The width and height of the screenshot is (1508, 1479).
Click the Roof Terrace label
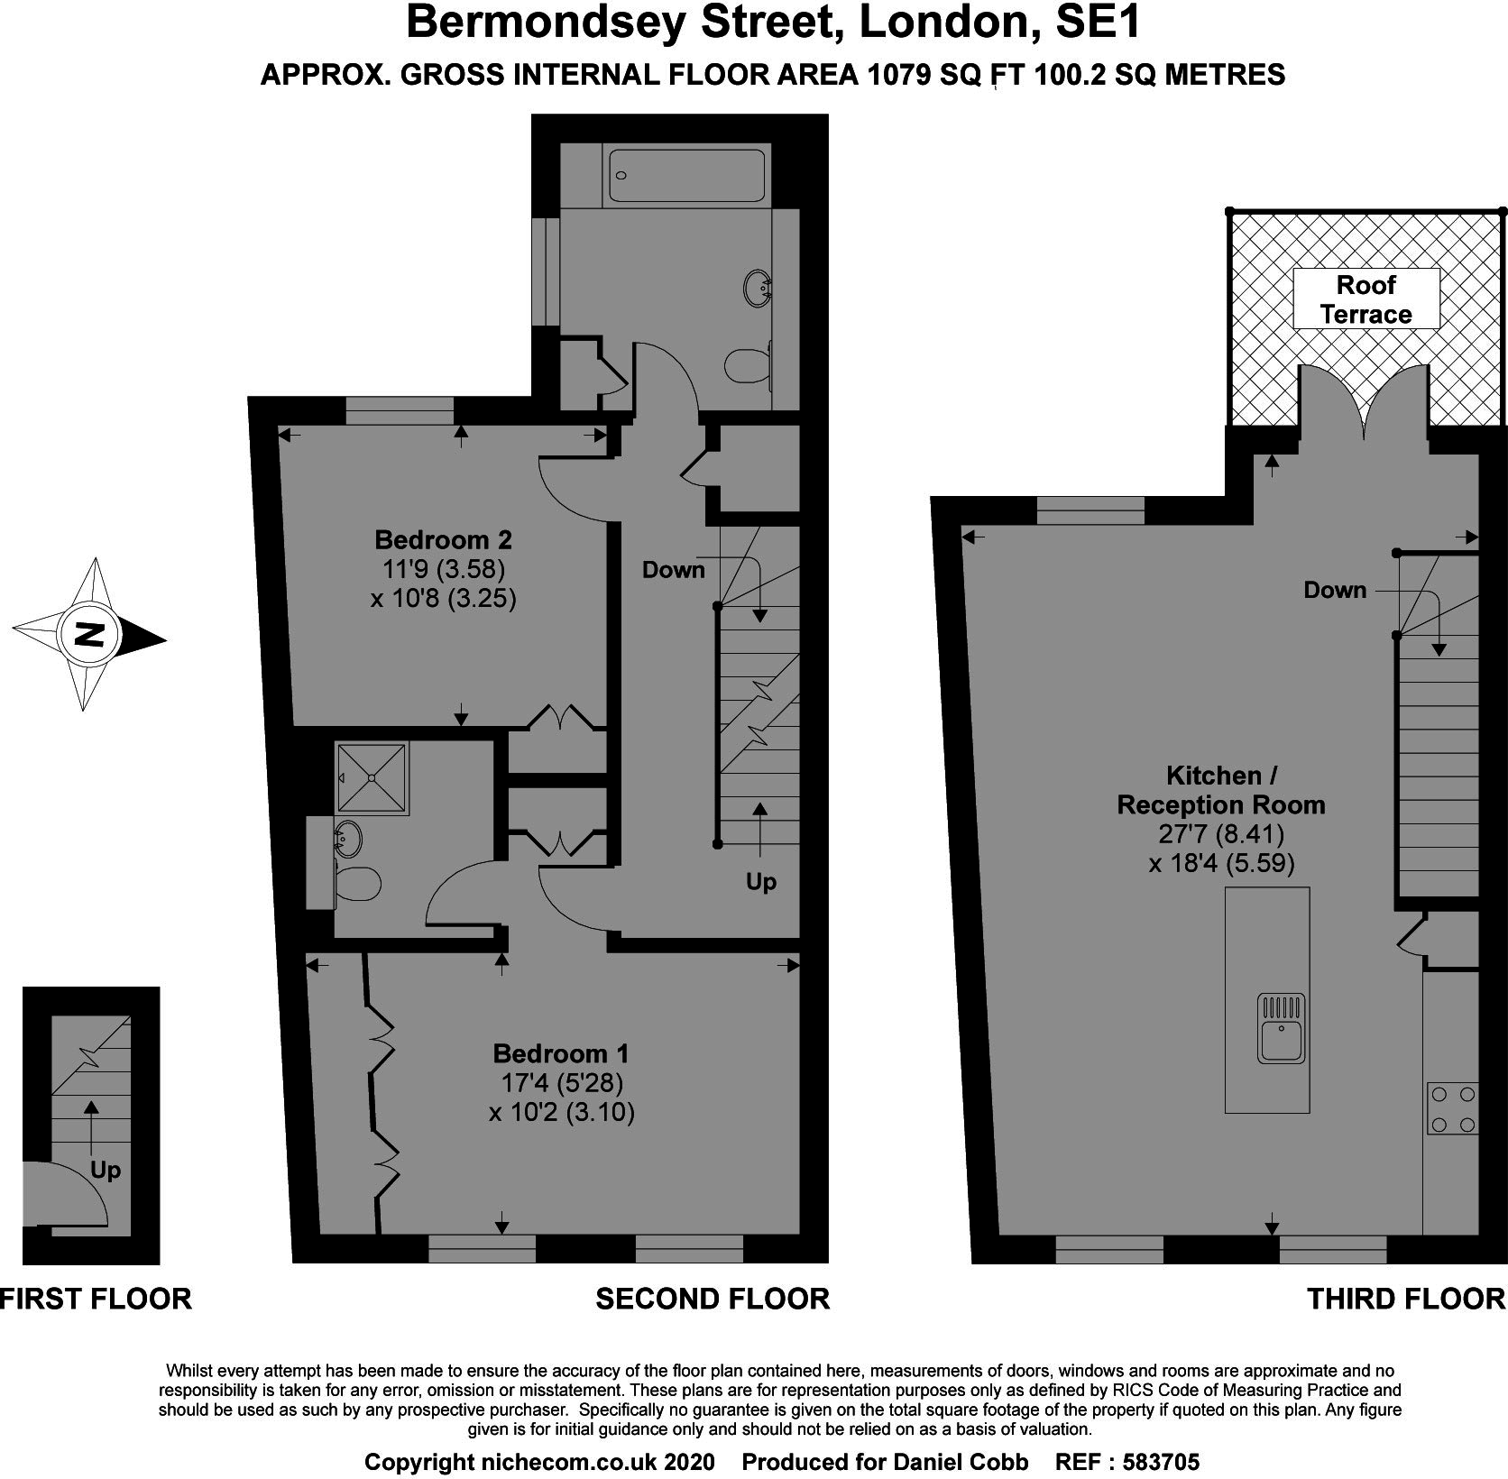click(x=1365, y=299)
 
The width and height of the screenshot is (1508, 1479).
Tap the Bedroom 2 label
click(x=443, y=539)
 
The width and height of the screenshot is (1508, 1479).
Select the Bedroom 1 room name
click(x=561, y=1053)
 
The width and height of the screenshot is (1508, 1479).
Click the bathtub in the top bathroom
click(x=687, y=176)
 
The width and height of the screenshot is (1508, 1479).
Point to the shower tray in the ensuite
click(x=372, y=778)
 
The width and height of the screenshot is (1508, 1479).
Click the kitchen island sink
click(x=1281, y=1027)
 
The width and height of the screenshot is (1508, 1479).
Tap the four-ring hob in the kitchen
click(x=1452, y=1108)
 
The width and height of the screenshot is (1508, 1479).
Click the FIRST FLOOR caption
click(x=96, y=1299)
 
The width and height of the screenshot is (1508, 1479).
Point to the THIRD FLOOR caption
click(x=1407, y=1299)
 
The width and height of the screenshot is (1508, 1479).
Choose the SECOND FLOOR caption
click(x=713, y=1299)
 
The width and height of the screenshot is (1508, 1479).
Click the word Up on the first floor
click(x=106, y=1171)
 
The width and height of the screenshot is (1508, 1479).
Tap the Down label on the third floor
click(x=1335, y=590)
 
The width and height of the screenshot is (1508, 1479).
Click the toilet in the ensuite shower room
click(x=356, y=884)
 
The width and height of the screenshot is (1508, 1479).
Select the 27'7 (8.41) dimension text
click(x=1221, y=833)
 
